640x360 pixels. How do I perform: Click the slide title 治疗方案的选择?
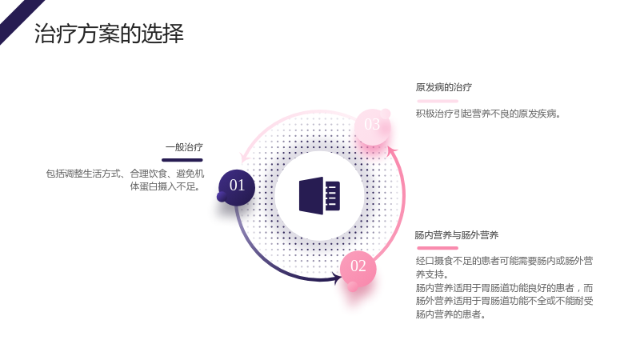[x=109, y=34]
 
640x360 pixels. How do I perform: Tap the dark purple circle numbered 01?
[x=237, y=187]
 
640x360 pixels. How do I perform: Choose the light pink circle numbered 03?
[x=372, y=126]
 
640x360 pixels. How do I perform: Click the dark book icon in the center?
[x=319, y=196]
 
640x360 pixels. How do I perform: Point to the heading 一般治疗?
[x=184, y=147]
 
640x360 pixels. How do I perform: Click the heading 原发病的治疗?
[x=444, y=87]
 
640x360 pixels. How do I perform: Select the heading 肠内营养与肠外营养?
[x=456, y=235]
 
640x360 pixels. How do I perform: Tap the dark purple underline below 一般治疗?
[x=182, y=160]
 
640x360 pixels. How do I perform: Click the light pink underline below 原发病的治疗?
[x=438, y=101]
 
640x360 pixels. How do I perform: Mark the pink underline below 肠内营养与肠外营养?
[x=438, y=248]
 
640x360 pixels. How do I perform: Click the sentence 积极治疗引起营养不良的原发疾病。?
[x=488, y=114]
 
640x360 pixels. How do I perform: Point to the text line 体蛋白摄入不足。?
[x=166, y=187]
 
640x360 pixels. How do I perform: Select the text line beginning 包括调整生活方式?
[x=125, y=174]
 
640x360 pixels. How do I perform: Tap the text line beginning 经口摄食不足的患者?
[x=505, y=261]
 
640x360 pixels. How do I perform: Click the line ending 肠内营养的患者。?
[x=450, y=314]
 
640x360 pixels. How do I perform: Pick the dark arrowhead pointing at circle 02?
[x=338, y=279]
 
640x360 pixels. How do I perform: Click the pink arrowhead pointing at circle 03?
[x=392, y=151]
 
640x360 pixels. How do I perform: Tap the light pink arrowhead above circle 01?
[x=244, y=158]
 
